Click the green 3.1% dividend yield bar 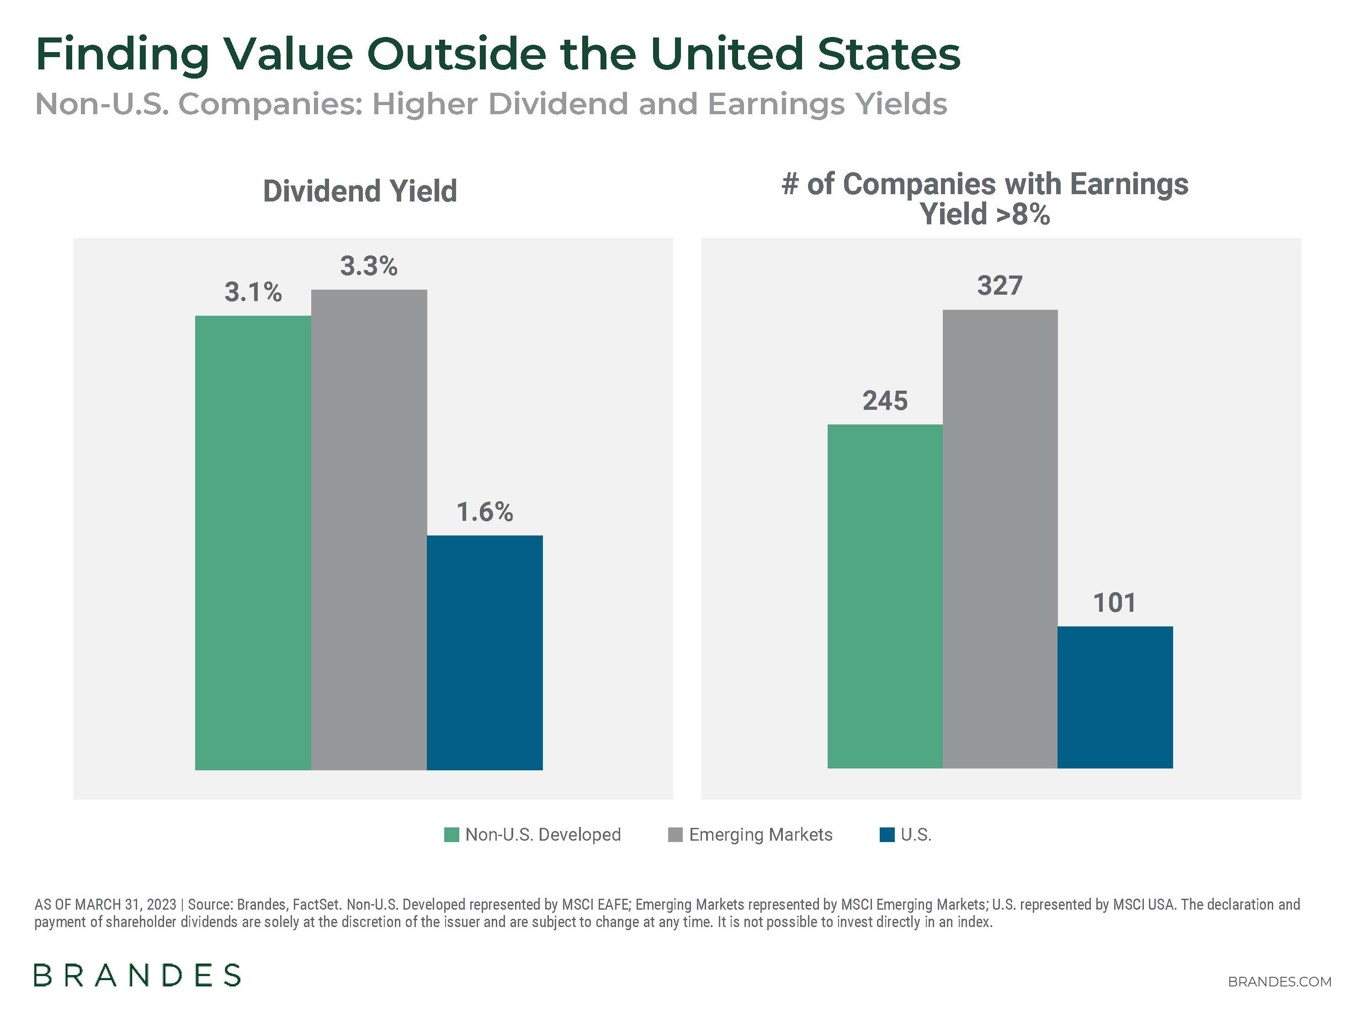click(x=253, y=542)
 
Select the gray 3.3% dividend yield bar click(x=369, y=530)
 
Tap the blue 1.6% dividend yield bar click(x=485, y=652)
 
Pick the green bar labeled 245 click(x=884, y=596)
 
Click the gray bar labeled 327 click(x=1000, y=539)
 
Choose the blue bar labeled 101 click(x=1115, y=697)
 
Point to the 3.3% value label click(x=368, y=266)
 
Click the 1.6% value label click(x=485, y=512)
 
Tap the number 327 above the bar click(x=1000, y=286)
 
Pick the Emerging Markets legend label click(x=760, y=835)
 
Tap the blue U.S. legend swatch click(x=887, y=835)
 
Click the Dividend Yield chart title click(x=360, y=191)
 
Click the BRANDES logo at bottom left click(x=137, y=975)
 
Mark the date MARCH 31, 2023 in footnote click(x=125, y=904)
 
